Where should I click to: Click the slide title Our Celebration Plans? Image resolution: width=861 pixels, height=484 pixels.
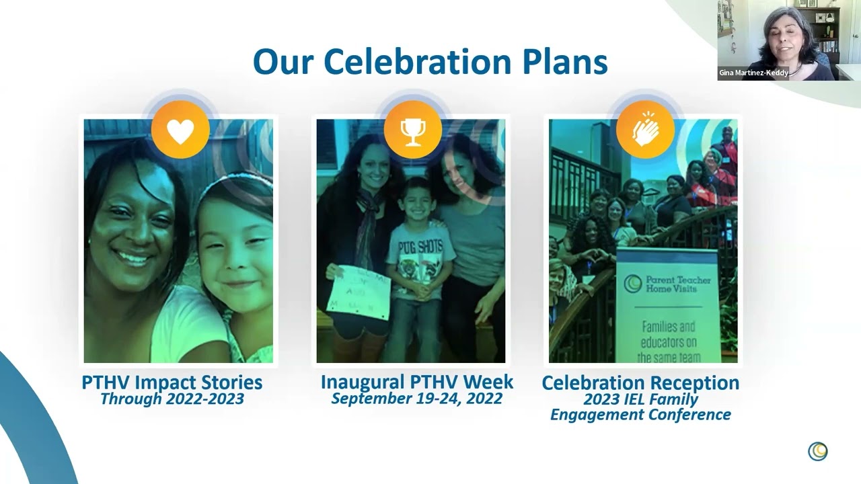point(430,62)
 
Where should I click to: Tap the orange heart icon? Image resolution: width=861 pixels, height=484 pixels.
point(180,130)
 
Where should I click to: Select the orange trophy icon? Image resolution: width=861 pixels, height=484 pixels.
point(412,130)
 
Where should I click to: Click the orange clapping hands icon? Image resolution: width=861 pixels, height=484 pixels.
point(645,130)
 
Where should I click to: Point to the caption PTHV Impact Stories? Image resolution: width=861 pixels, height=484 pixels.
point(172,382)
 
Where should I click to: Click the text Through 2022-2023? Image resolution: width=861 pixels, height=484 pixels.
point(172,399)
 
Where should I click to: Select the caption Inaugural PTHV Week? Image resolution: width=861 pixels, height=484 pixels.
point(416,382)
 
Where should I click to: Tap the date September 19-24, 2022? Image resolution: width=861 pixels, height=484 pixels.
point(416,398)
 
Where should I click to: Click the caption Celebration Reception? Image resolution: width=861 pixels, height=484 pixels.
point(640,382)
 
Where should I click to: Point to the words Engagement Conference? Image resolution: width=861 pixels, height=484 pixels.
point(640,415)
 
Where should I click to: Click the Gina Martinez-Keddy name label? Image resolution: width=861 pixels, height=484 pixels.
point(753,73)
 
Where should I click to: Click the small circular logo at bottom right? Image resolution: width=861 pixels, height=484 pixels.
point(817,451)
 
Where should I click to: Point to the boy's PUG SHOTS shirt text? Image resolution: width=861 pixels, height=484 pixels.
point(422,247)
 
